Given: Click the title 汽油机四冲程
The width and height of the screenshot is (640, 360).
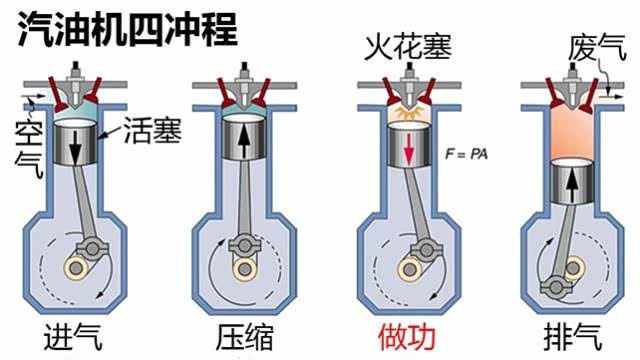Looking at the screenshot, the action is [127, 29].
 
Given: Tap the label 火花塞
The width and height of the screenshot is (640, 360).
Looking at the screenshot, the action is [409, 47].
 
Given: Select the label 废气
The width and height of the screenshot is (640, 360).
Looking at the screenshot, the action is [597, 48].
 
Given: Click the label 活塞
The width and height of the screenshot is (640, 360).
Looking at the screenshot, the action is [152, 131].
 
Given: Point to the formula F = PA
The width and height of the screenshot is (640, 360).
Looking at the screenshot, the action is [467, 154].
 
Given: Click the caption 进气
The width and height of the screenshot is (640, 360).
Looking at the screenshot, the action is [73, 336].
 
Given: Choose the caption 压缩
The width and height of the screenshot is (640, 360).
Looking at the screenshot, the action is [244, 336].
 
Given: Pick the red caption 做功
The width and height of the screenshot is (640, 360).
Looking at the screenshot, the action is [407, 336].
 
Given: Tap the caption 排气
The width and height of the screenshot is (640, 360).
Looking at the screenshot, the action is [573, 336].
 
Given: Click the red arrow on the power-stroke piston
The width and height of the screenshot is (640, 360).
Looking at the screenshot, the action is [409, 149].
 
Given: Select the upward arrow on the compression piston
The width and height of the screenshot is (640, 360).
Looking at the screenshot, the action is [244, 141].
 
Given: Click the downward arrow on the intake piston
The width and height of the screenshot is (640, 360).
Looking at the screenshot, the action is [76, 147].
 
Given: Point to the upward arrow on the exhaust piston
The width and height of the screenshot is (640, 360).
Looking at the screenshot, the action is [573, 186].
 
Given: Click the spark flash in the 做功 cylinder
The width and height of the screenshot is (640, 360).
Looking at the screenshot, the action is [409, 114].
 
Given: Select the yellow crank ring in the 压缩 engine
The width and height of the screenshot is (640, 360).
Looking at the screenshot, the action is [244, 269].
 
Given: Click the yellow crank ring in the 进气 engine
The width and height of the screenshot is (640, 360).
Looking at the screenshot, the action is [76, 268].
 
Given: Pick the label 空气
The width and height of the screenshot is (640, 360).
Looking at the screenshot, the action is [29, 150].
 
